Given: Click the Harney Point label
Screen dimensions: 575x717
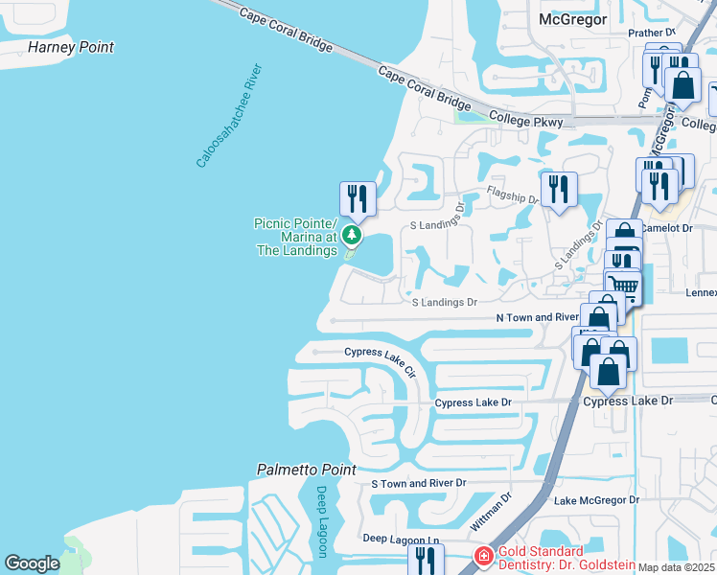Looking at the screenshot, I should [71, 47].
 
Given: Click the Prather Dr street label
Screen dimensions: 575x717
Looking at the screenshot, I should [652, 33].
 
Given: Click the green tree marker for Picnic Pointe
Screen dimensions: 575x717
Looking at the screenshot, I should [352, 234].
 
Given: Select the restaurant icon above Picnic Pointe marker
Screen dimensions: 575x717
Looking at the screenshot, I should [358, 198].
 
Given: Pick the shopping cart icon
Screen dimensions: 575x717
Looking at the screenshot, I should [623, 285].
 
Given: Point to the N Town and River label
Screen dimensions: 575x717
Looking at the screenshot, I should [537, 317].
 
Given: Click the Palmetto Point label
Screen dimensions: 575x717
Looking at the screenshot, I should [306, 470].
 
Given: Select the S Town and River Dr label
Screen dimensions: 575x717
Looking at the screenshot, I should [418, 484].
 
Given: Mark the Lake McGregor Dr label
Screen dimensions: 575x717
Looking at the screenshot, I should [596, 500].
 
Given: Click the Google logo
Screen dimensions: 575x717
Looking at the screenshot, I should [32, 563].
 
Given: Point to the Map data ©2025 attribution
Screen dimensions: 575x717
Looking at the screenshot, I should [676, 567].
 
